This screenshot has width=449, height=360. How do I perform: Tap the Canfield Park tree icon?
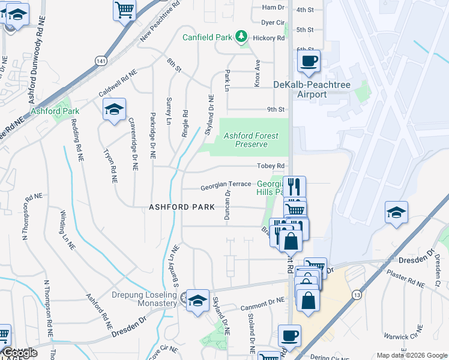pos(241,37)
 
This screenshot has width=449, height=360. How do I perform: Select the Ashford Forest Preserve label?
pos(251,140)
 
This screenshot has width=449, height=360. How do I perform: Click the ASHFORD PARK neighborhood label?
pos(182,207)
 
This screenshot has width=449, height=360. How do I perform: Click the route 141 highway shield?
pos(99,61)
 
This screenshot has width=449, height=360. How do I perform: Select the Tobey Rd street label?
pos(270,166)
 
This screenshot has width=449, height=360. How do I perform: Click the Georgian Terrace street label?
pos(226,185)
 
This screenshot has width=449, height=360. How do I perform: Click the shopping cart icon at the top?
pos(124,9)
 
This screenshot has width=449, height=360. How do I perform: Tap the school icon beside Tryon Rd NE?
pos(114,109)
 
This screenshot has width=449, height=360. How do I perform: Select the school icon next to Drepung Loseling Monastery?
pos(197,301)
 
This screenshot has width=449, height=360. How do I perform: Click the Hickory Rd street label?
pos(273,38)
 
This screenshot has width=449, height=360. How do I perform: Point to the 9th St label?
pos(276,109)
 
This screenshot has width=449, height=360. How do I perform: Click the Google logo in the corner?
pos(20,353)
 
